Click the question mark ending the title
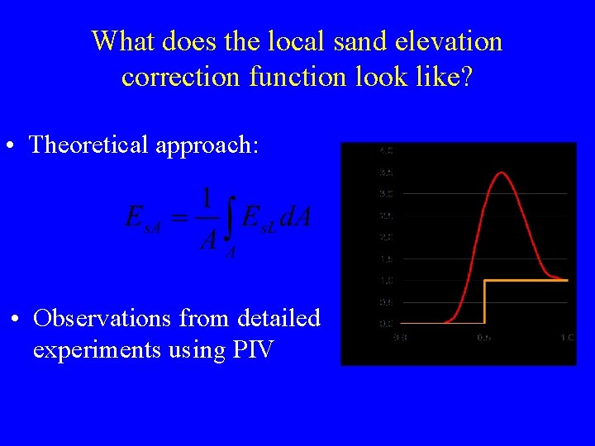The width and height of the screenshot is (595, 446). point(466,77)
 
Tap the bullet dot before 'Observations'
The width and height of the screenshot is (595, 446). point(15,319)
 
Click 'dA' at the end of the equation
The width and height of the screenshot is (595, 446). point(295,218)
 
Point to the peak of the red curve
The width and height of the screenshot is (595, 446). point(500,173)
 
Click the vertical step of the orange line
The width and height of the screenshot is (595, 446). point(483,301)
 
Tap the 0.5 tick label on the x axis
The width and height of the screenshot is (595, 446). point(483,337)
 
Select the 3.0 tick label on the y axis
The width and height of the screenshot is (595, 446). point(385,194)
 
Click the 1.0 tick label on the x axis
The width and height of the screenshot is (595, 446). point(567,337)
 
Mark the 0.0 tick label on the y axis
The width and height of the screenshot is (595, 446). point(385,323)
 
